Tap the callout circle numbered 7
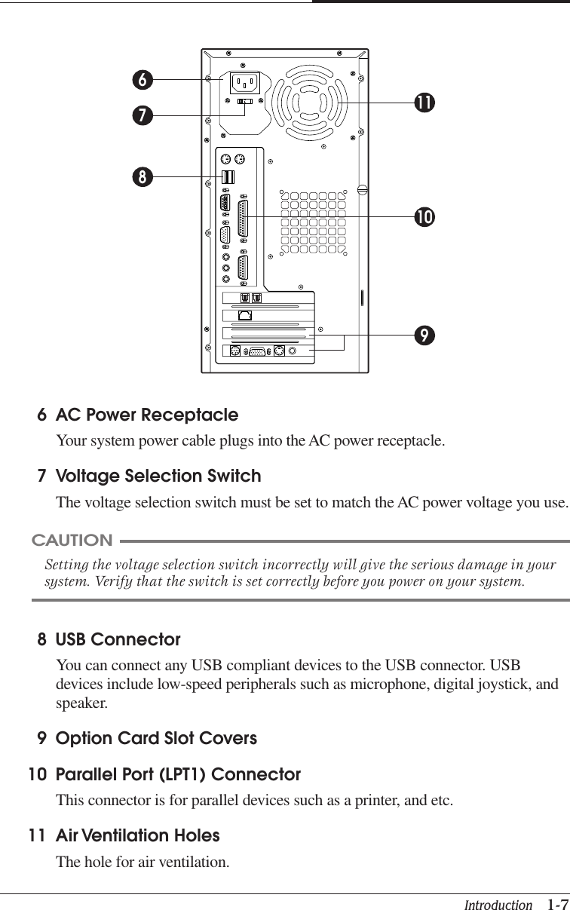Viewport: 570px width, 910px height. click(141, 115)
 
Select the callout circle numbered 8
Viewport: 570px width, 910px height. click(141, 177)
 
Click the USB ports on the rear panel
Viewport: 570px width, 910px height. click(228, 177)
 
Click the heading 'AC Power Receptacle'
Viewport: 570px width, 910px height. click(147, 415)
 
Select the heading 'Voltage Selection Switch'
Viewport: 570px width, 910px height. click(158, 476)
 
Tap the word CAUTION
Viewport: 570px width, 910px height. click(72, 541)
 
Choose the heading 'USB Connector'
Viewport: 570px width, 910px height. click(118, 640)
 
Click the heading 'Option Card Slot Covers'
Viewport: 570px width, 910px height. click(156, 738)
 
